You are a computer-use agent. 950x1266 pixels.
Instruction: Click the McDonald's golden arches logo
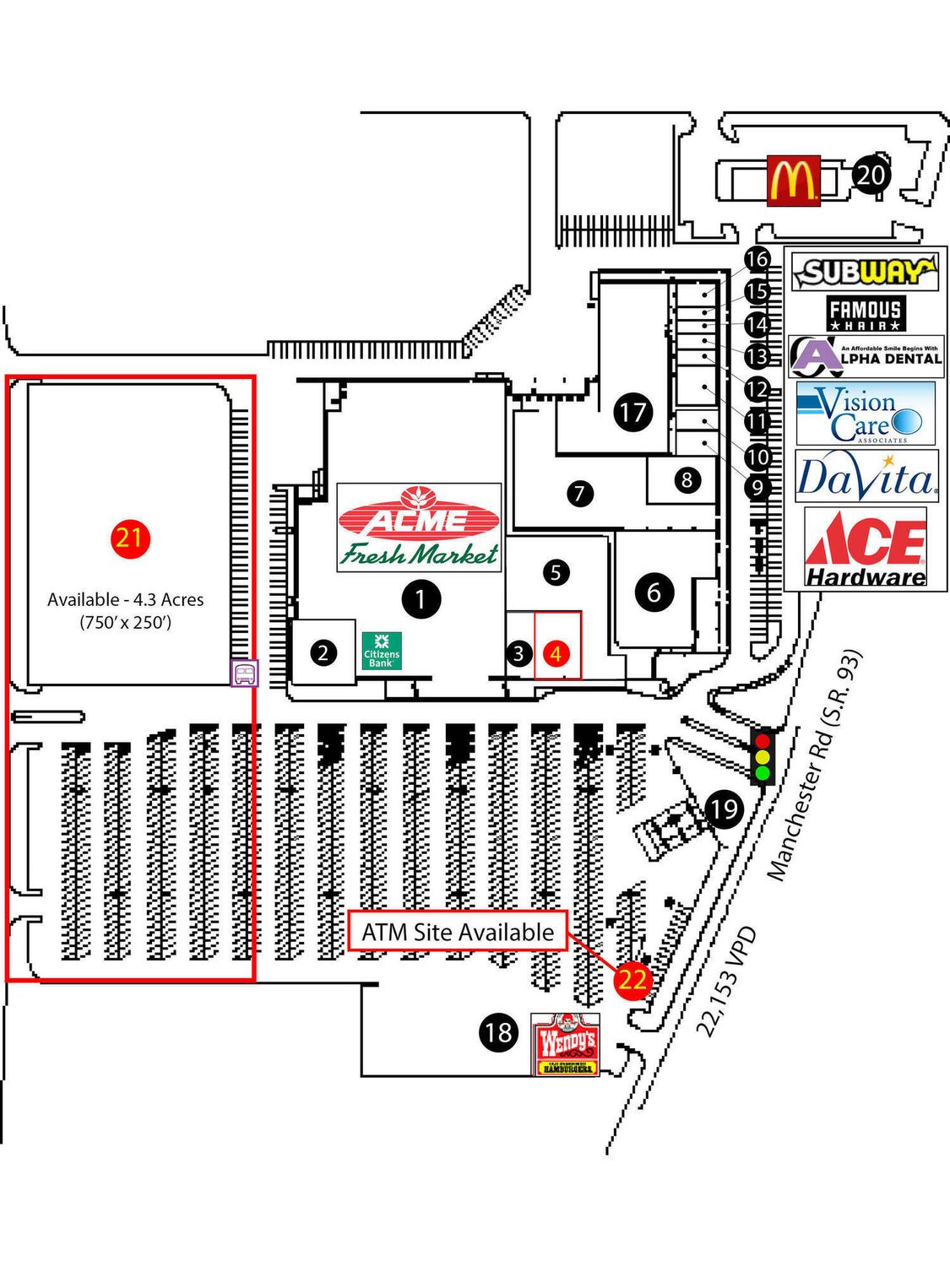point(793,180)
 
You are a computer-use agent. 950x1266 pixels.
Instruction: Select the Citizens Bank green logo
point(381,651)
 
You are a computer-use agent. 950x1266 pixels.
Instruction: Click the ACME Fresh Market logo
point(419,527)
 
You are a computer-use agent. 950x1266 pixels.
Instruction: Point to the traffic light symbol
point(763,757)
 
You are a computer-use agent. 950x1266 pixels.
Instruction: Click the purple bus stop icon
point(245,673)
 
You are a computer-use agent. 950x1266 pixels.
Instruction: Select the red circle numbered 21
point(129,538)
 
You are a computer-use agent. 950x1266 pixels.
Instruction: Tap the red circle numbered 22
point(632,979)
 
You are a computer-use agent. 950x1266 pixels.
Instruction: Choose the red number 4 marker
point(555,653)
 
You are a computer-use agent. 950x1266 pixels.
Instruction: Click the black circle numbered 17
point(633,412)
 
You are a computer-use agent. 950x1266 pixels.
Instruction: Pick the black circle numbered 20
point(871,176)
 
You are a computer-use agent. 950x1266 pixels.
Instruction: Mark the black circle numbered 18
point(498,1031)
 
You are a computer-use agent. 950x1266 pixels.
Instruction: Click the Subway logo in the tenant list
point(866,272)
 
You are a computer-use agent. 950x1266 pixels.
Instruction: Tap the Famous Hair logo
point(866,314)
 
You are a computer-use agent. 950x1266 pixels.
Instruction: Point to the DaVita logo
point(866,477)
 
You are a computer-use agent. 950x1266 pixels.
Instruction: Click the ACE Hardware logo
point(866,549)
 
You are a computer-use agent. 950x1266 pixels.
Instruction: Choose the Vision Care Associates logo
point(866,414)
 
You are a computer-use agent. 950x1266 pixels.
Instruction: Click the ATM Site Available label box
point(458,932)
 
